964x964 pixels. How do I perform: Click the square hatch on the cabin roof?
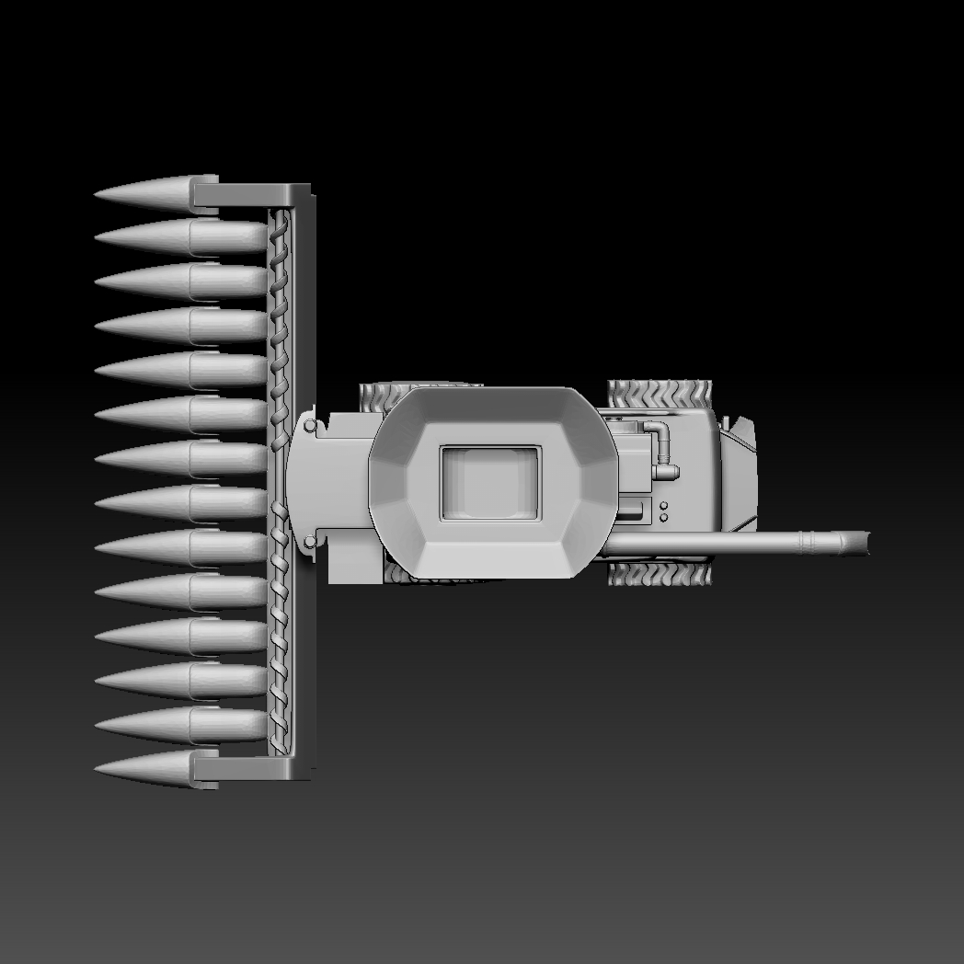(x=489, y=482)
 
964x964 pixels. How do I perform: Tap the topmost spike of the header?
(x=156, y=192)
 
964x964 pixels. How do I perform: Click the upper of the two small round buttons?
(x=663, y=505)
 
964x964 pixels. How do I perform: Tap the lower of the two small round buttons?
(x=663, y=518)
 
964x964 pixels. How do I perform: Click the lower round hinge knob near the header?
(x=310, y=541)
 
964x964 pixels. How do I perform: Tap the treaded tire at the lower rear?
(x=659, y=575)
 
